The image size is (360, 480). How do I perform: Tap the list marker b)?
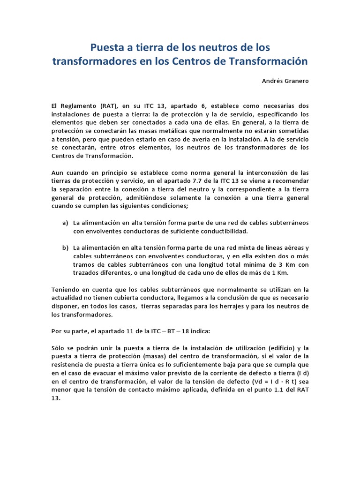click(65, 247)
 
